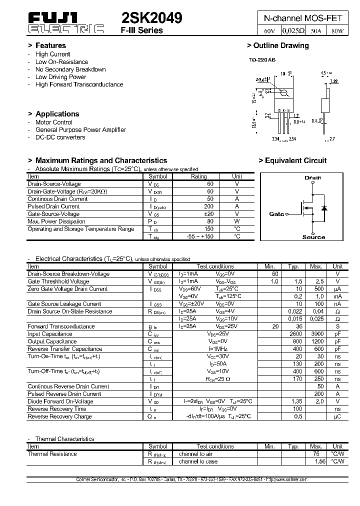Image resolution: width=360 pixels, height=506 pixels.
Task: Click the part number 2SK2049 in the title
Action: (x=152, y=18)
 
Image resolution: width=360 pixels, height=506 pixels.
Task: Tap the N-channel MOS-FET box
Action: (x=303, y=17)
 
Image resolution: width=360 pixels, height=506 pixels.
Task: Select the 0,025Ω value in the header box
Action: (x=293, y=31)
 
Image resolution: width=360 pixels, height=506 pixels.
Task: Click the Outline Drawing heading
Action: (x=278, y=45)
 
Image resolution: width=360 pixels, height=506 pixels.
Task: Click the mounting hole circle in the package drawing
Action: (x=283, y=92)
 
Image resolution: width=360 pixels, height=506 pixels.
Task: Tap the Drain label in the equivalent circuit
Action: (x=312, y=177)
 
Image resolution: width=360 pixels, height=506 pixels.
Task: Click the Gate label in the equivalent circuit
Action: (x=276, y=214)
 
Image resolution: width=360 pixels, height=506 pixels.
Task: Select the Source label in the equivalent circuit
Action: (x=313, y=237)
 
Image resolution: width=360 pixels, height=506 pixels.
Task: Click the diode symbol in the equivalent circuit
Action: (x=323, y=207)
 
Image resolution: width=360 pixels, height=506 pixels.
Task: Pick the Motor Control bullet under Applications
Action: (x=53, y=122)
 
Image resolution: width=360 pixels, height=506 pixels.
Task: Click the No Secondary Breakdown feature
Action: (x=70, y=69)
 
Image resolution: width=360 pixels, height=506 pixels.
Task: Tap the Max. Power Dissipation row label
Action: (x=56, y=221)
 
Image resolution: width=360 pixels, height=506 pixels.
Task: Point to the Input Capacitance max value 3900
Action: (x=316, y=334)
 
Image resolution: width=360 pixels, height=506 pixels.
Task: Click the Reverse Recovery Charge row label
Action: (x=59, y=416)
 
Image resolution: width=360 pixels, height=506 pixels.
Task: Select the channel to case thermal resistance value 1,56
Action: (x=316, y=461)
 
